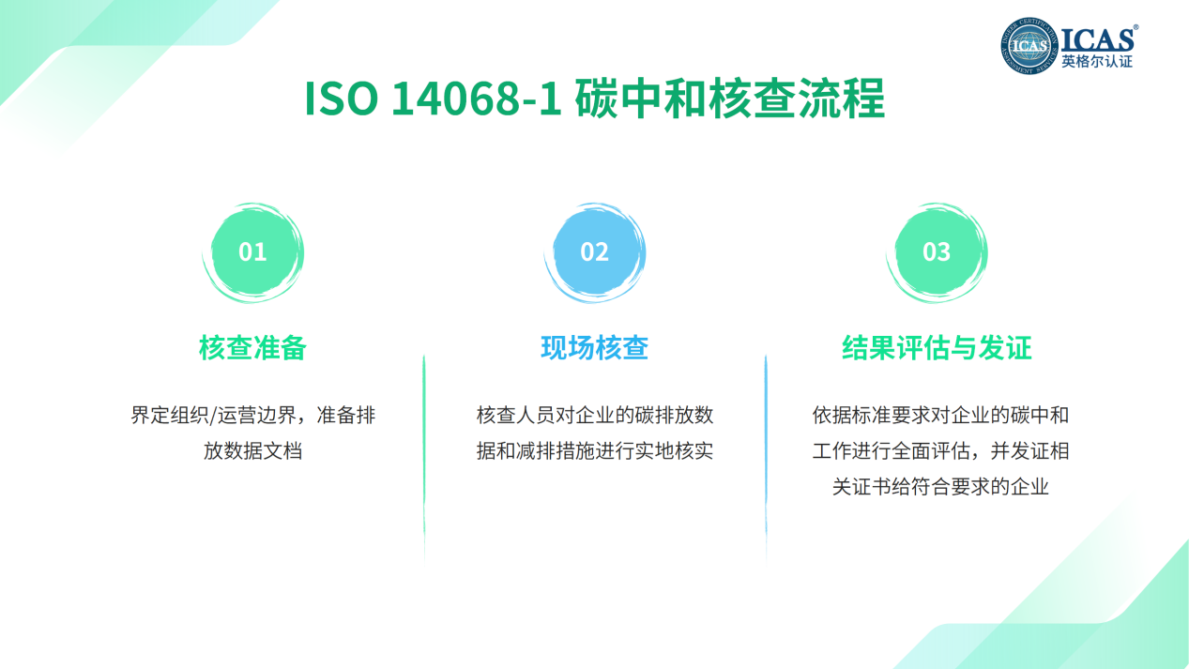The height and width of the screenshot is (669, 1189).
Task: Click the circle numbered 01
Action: pos(252,252)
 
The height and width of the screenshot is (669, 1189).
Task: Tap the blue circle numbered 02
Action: pos(595,252)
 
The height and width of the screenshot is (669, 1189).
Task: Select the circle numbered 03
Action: pos(937,252)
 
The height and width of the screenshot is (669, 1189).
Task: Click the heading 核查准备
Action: pos(252,348)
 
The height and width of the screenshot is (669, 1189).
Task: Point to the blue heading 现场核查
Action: pos(595,348)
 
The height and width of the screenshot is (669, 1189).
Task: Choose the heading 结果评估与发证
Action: pos(937,348)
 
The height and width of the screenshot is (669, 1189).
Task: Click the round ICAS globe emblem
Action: pos(1029,46)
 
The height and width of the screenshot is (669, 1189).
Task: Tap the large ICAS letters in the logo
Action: pos(1098,39)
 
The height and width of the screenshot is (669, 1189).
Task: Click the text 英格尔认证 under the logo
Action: pos(1097,62)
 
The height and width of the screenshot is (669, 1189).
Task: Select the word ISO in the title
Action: pos(342,99)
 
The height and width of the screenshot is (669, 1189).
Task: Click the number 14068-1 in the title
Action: pos(476,99)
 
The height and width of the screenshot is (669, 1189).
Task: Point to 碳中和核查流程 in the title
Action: pos(730,99)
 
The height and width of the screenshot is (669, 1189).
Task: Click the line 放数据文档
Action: pos(252,451)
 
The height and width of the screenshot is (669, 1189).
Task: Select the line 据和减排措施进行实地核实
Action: pos(595,451)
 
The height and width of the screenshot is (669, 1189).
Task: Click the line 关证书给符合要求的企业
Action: pos(940,486)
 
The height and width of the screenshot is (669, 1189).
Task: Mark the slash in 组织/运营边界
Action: pos(213,416)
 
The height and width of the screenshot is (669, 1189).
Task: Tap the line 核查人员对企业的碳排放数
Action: pos(595,415)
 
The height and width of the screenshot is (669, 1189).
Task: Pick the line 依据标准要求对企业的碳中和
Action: pos(940,415)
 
